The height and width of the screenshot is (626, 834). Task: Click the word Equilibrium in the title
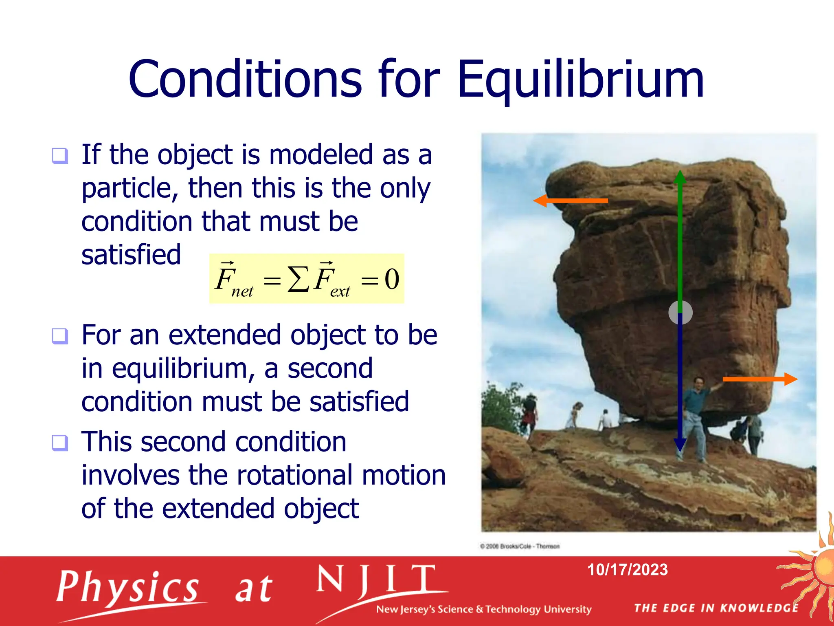tap(580, 79)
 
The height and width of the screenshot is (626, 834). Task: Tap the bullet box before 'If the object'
tap(60, 156)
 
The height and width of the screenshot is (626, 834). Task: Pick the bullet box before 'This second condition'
tap(60, 443)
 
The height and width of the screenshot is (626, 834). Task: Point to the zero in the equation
tap(392, 280)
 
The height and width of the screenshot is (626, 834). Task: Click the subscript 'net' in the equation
tap(242, 291)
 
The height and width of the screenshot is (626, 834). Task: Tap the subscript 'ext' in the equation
tap(340, 291)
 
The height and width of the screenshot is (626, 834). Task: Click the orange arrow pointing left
tap(570, 201)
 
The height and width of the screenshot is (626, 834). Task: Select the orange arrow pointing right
tap(760, 379)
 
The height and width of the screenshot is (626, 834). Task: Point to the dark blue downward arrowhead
tap(680, 445)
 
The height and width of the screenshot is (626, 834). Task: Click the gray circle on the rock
tap(680, 313)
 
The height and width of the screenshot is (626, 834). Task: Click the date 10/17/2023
tap(627, 570)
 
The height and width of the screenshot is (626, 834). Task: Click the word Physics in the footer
tap(127, 587)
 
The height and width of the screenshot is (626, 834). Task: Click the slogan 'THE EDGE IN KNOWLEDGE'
tap(716, 608)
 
